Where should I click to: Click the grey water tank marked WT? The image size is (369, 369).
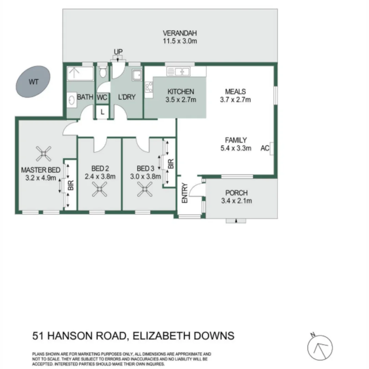pyautogui.click(x=33, y=82)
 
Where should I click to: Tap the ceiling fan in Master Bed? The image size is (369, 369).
pyautogui.click(x=44, y=154)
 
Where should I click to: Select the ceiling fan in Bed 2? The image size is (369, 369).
pyautogui.click(x=99, y=189)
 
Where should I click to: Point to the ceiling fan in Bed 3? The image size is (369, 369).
pyautogui.click(x=144, y=189)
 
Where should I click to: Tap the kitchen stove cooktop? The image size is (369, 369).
pyautogui.click(x=149, y=87)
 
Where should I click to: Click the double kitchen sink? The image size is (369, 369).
pyautogui.click(x=178, y=72)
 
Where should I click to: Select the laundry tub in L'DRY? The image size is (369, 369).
pyautogui.click(x=137, y=75)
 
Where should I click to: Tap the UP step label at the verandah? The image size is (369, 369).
pyautogui.click(x=118, y=52)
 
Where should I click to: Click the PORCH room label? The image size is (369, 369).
pyautogui.click(x=236, y=193)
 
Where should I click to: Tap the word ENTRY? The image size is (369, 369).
pyautogui.click(x=185, y=193)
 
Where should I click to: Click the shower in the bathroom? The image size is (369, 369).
pyautogui.click(x=80, y=73)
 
